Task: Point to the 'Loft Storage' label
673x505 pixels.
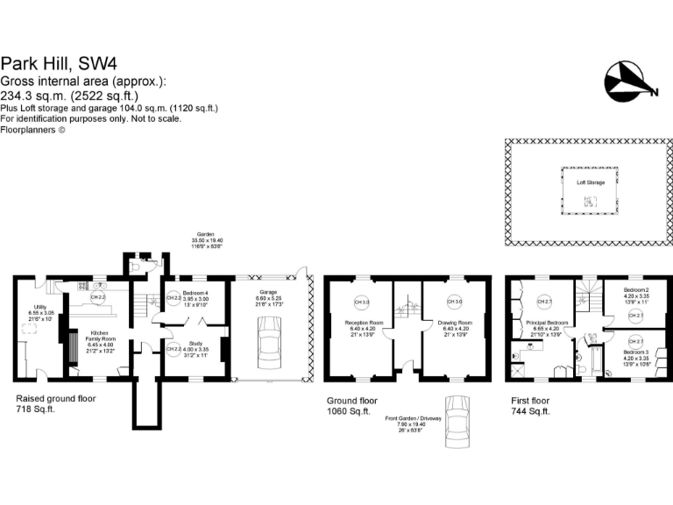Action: tap(590, 182)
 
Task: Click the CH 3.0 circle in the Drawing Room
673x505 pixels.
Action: tap(455, 302)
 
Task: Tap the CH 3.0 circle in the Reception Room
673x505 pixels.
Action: tap(359, 302)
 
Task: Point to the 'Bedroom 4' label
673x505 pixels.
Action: tap(195, 292)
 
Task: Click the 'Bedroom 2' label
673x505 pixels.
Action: tap(635, 289)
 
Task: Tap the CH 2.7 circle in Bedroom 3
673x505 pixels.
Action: tap(635, 341)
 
